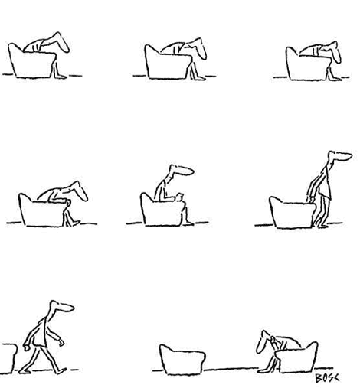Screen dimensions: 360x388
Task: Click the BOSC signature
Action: pyautogui.click(x=327, y=378)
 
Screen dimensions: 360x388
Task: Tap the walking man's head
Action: pyautogui.click(x=61, y=306)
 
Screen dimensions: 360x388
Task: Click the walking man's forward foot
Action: pyautogui.click(x=61, y=370)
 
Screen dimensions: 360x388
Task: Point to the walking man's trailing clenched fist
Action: pyautogui.click(x=26, y=347)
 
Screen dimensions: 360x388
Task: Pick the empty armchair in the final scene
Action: pyautogui.click(x=182, y=360)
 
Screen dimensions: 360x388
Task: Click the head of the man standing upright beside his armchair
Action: pyautogui.click(x=340, y=155)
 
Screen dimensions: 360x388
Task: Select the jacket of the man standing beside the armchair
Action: pyautogui.click(x=324, y=184)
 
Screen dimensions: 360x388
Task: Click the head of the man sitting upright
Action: pyautogui.click(x=182, y=170)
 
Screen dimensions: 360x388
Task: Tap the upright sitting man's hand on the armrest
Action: pyautogui.click(x=179, y=197)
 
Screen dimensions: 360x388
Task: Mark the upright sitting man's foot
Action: pyautogui.click(x=188, y=223)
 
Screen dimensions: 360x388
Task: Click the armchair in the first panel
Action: pyautogui.click(x=32, y=61)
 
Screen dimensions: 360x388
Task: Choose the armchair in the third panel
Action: pyautogui.click(x=308, y=64)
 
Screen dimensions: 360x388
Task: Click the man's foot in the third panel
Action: pyautogui.click(x=335, y=78)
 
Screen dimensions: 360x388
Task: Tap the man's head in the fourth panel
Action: pyautogui.click(x=78, y=191)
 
